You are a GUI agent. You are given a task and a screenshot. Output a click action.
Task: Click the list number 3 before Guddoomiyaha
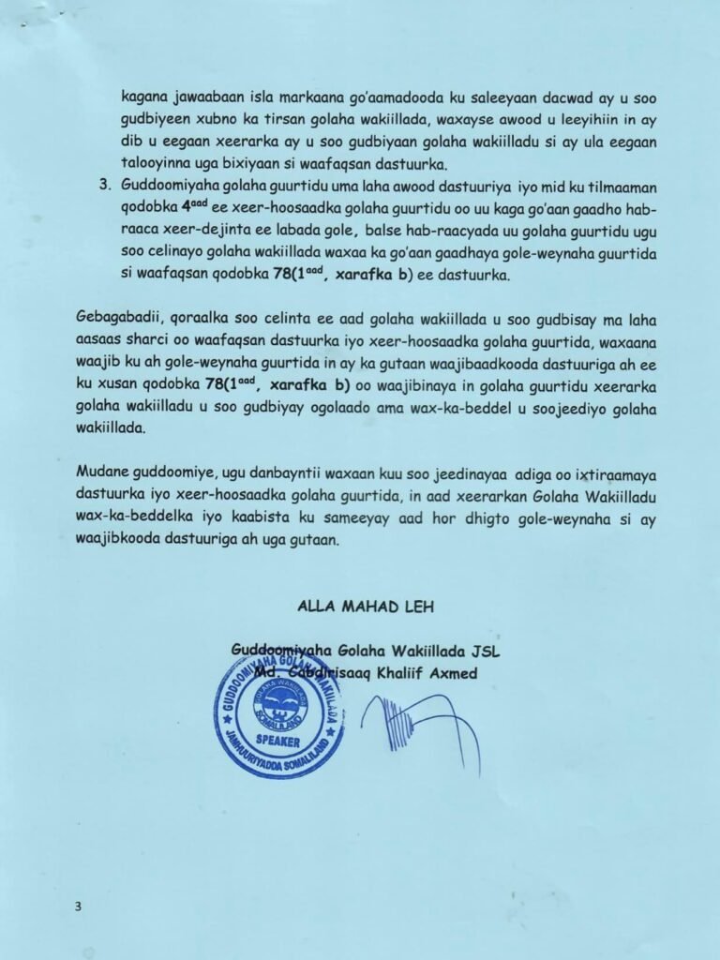[103, 186]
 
